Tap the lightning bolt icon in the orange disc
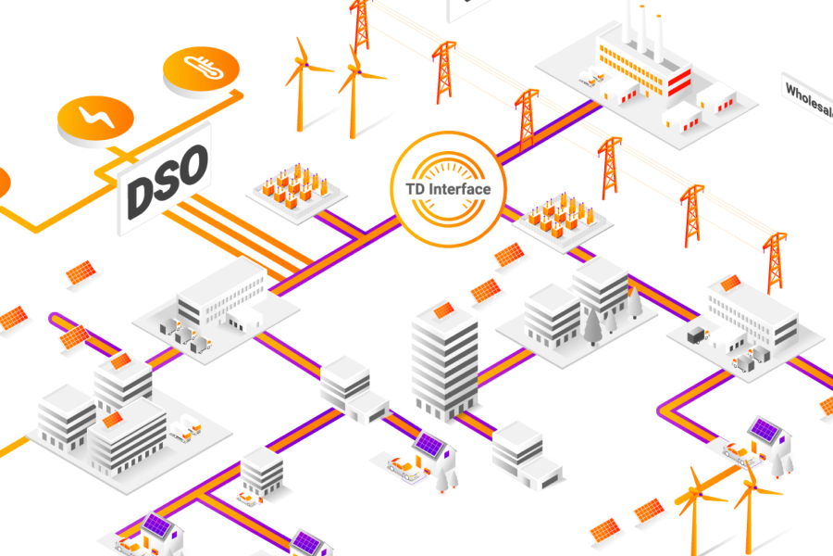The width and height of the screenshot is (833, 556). click(95, 118)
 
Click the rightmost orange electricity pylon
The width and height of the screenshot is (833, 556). click(774, 261)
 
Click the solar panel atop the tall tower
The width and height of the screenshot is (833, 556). click(443, 310)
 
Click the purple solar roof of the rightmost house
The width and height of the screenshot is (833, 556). click(765, 428)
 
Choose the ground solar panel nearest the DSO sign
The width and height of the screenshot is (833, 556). click(81, 272)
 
